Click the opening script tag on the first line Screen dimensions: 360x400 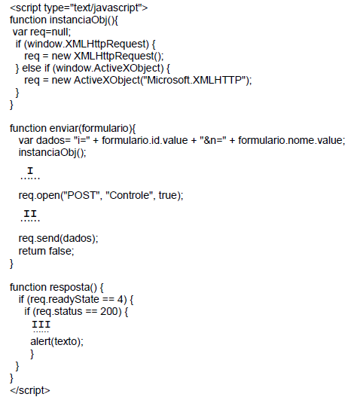(78, 8)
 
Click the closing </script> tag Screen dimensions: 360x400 (30, 390)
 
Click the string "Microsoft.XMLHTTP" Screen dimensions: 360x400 (195, 80)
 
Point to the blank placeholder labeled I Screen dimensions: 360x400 (30, 173)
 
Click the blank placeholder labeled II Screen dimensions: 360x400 (30, 215)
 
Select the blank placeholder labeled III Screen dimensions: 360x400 (41, 326)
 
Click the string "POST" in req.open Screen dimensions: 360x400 (82, 195)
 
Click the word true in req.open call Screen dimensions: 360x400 (168, 195)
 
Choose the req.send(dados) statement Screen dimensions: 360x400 (58, 238)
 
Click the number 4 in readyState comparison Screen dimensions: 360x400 (121, 299)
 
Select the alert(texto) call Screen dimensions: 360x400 (56, 341)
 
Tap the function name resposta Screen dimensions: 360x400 (69, 288)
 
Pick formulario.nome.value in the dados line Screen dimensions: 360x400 (291, 140)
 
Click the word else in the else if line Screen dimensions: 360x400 (32, 68)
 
